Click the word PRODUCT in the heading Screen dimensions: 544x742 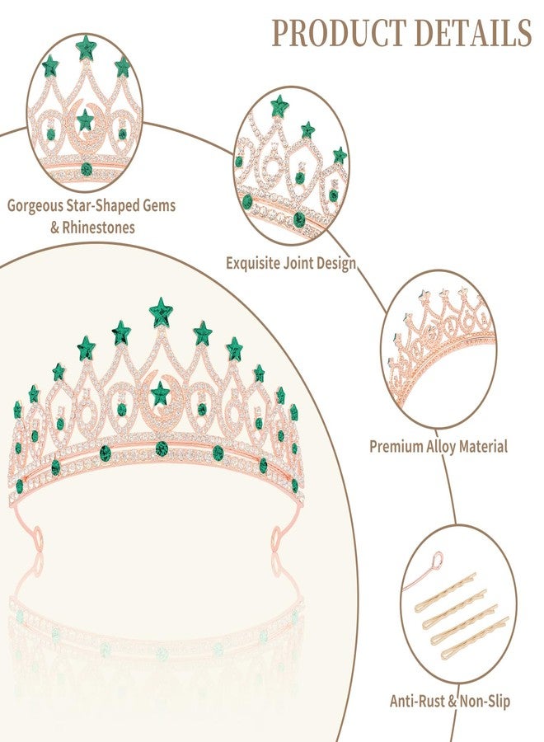click(x=339, y=33)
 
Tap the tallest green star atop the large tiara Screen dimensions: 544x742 click(x=161, y=312)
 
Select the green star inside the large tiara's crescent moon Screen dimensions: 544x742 click(x=160, y=393)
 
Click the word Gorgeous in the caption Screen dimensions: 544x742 click(x=35, y=207)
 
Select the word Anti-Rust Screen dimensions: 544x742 click(x=418, y=701)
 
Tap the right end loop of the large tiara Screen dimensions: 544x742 click(x=277, y=538)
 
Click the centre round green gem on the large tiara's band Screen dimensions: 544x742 click(x=162, y=447)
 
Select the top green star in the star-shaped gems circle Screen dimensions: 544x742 click(x=86, y=47)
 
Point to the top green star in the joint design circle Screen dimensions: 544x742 click(x=279, y=106)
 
